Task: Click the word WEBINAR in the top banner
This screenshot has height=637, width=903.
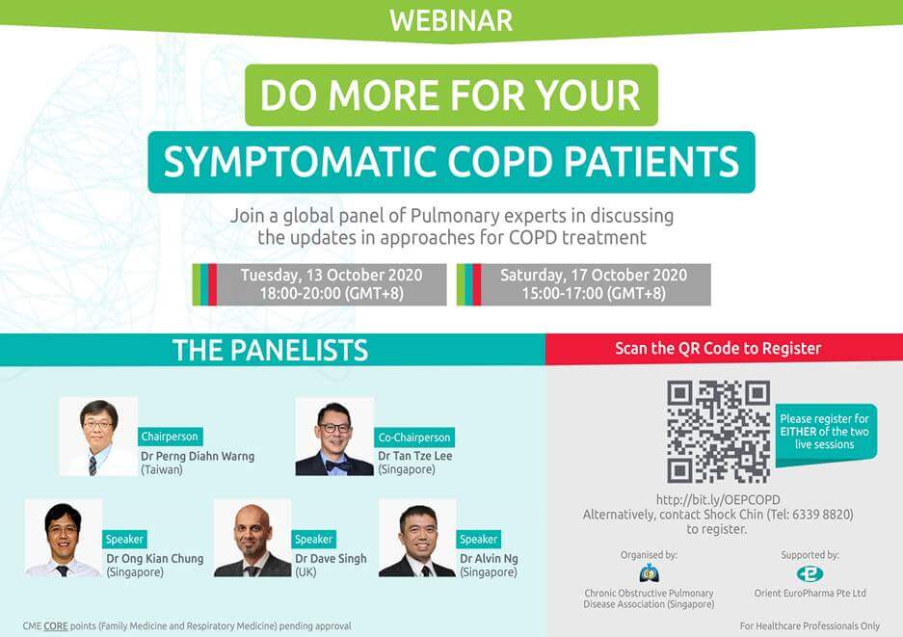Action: click(x=451, y=20)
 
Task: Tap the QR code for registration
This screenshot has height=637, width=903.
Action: click(x=718, y=432)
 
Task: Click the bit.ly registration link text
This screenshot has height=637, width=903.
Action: click(x=718, y=499)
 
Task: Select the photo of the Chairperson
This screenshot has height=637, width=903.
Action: click(x=98, y=437)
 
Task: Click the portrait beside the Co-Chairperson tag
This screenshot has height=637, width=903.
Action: click(x=334, y=437)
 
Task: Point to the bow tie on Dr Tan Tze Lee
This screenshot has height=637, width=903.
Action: click(x=337, y=465)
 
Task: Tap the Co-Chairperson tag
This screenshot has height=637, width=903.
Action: click(x=414, y=438)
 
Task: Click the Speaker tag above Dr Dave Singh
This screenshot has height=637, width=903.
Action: click(x=313, y=539)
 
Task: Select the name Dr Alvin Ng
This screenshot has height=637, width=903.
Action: click(x=489, y=559)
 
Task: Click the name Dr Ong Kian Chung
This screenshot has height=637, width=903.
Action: click(x=154, y=559)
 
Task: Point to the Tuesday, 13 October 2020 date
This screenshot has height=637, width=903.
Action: click(x=332, y=275)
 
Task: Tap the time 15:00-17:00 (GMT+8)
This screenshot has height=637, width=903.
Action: click(x=594, y=294)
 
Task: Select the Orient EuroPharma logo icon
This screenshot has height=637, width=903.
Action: click(x=810, y=573)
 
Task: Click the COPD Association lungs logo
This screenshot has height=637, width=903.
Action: click(x=649, y=573)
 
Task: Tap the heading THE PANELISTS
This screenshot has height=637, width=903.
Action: click(x=270, y=350)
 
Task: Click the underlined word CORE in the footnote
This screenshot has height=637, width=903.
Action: click(x=56, y=626)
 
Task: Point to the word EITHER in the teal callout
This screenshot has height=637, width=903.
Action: click(x=798, y=432)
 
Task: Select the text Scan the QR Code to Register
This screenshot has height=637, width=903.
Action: click(x=718, y=349)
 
